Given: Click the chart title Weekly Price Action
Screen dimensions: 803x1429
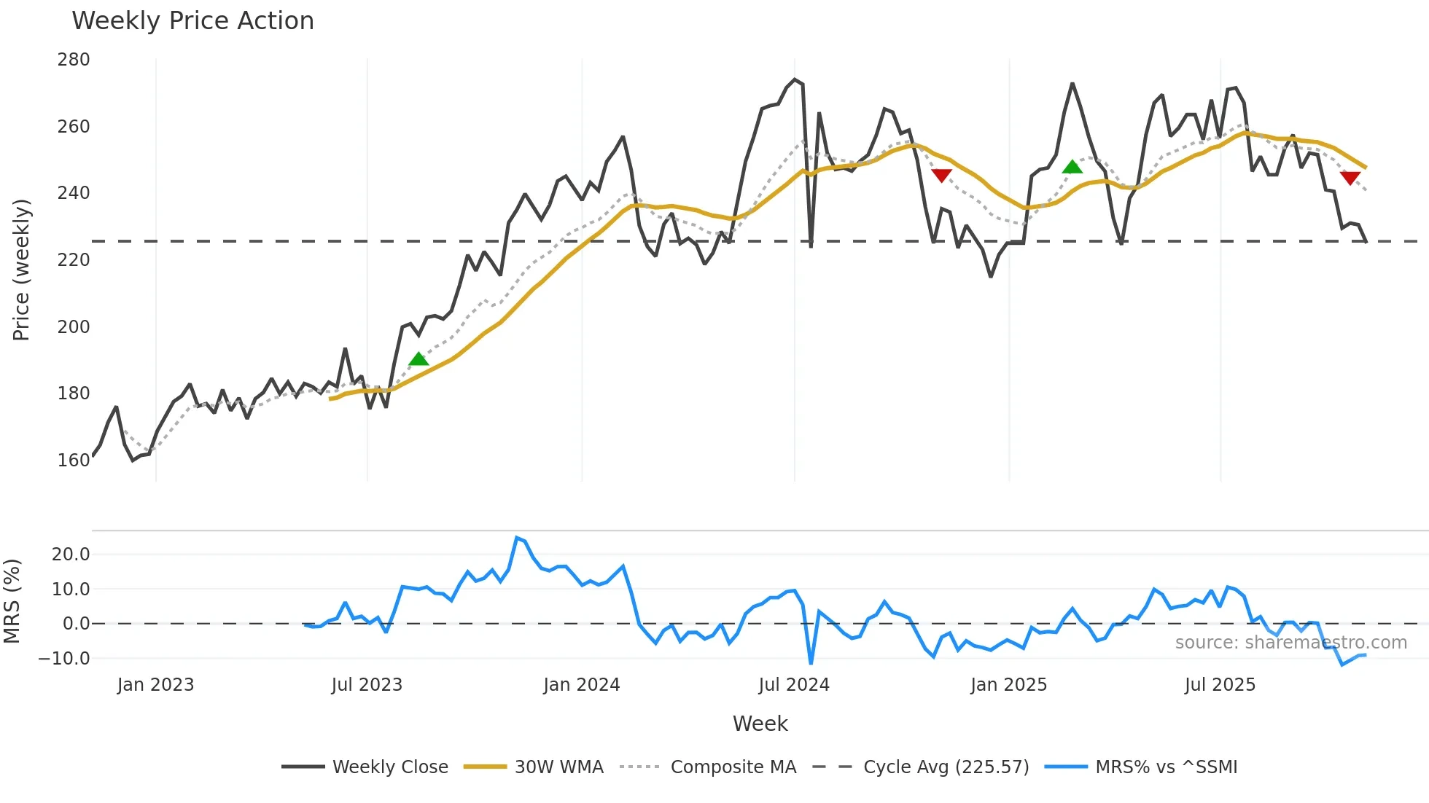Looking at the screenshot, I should click(192, 21).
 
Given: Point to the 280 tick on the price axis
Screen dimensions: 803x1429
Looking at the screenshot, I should click(74, 60).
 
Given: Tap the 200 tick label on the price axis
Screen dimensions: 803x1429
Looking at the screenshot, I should click(74, 326).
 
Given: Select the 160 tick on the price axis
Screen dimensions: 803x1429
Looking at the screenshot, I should click(74, 460).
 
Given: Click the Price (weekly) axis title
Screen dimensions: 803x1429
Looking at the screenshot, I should click(21, 270).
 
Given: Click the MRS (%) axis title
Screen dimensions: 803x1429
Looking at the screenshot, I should click(12, 601).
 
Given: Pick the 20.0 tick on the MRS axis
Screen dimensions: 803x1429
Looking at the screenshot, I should click(71, 554).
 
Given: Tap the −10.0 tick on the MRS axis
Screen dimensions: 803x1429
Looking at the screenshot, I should click(64, 658).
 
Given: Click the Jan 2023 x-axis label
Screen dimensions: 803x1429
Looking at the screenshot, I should click(155, 685).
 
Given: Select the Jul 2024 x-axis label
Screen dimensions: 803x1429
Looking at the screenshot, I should click(794, 685).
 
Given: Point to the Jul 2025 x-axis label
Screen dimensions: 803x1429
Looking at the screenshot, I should click(1220, 685).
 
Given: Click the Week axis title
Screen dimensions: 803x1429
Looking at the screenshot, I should click(760, 724).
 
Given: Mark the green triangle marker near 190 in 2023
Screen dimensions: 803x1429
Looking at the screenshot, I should click(418, 359).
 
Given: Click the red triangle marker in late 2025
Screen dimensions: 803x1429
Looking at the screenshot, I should click(1350, 178).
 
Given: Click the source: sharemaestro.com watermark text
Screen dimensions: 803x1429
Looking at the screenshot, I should click(1290, 643).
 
